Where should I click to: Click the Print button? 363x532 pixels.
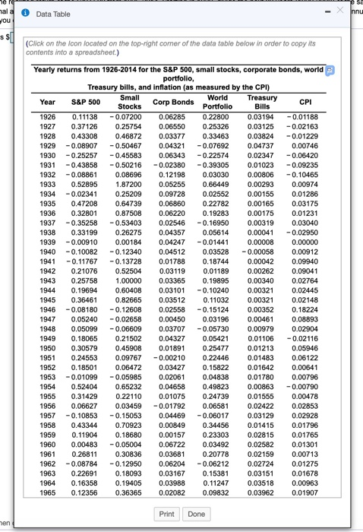pos(167,514)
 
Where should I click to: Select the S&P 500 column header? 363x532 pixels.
pos(85,102)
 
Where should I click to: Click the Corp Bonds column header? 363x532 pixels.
pos(173,102)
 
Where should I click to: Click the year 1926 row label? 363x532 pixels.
pos(47,116)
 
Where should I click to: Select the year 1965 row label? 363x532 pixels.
pos(47,493)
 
